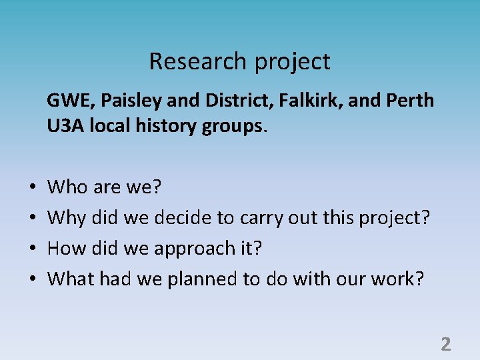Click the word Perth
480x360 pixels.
tap(411, 101)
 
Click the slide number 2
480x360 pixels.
tap(446, 344)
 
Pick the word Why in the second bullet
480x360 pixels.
tap(66, 218)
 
